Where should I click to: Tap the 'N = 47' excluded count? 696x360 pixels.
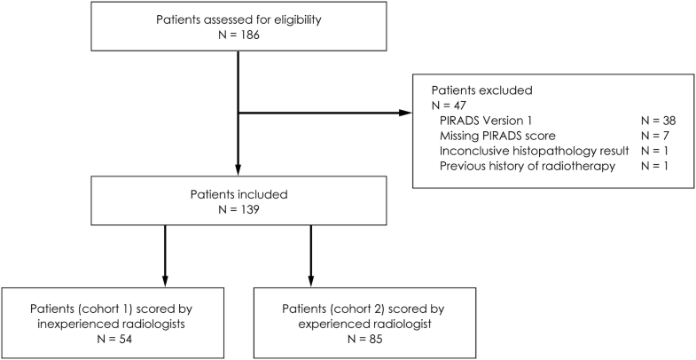(x=450, y=106)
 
